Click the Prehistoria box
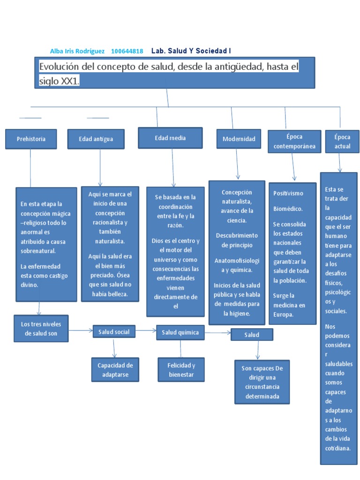point(31,139)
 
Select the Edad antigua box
point(96,139)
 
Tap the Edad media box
point(170,138)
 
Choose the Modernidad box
point(239,139)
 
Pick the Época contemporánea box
point(294,142)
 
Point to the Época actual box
point(342,142)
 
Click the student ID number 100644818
point(127,51)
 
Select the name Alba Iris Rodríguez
point(77,51)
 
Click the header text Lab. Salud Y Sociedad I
point(191,51)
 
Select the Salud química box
point(180,332)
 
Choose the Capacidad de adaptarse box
point(115,370)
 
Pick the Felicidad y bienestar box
point(181,370)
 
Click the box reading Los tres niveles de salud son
point(41,328)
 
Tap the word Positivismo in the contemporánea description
point(288,193)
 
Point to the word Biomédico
point(288,209)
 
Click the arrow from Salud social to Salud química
point(146,330)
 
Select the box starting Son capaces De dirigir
point(262,382)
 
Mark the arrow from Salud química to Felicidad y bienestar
point(181,348)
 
